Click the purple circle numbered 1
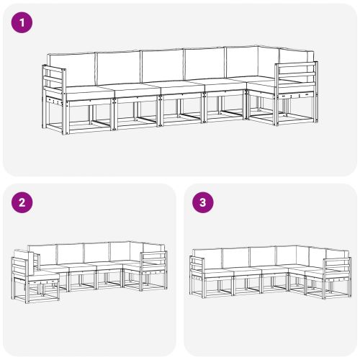point(23,23)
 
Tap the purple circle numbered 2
point(23,202)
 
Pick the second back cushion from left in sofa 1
point(119,67)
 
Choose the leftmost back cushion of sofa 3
point(209,257)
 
